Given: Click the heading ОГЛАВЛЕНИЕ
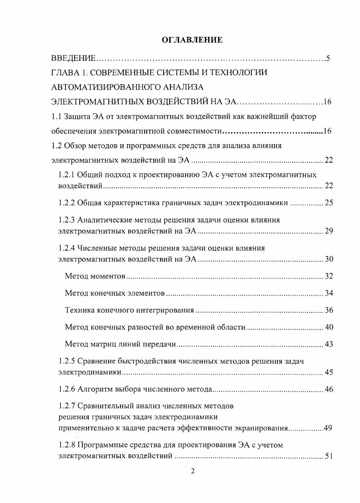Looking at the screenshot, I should [192, 40].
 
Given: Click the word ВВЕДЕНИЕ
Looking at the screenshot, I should [73, 58].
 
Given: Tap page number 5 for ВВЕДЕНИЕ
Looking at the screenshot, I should [327, 58].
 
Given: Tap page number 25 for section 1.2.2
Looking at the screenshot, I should [329, 203].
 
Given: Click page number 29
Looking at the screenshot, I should [329, 231].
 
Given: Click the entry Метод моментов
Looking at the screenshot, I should [95, 277].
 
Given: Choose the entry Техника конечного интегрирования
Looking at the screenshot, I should [130, 311].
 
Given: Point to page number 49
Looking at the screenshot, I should [328, 428].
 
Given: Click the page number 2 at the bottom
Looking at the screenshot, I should [193, 471].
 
